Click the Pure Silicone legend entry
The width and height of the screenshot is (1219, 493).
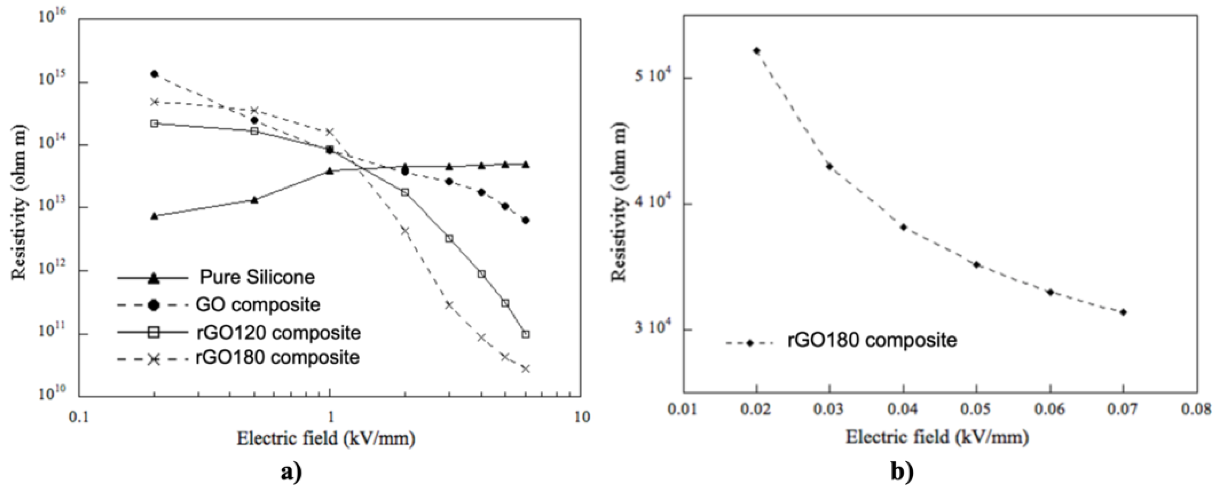(257, 277)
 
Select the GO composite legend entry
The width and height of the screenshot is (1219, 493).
(258, 305)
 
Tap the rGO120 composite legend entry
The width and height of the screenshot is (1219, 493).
(278, 333)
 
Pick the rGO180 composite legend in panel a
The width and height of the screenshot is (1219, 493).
(278, 358)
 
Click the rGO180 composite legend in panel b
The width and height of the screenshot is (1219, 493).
(872, 341)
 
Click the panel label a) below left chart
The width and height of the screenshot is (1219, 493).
(291, 472)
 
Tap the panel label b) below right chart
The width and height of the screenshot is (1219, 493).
(901, 472)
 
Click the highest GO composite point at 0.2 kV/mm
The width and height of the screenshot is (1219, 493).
(154, 74)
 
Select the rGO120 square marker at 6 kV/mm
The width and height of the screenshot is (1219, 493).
(525, 334)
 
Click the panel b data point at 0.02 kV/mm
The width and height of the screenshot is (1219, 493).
(757, 50)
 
